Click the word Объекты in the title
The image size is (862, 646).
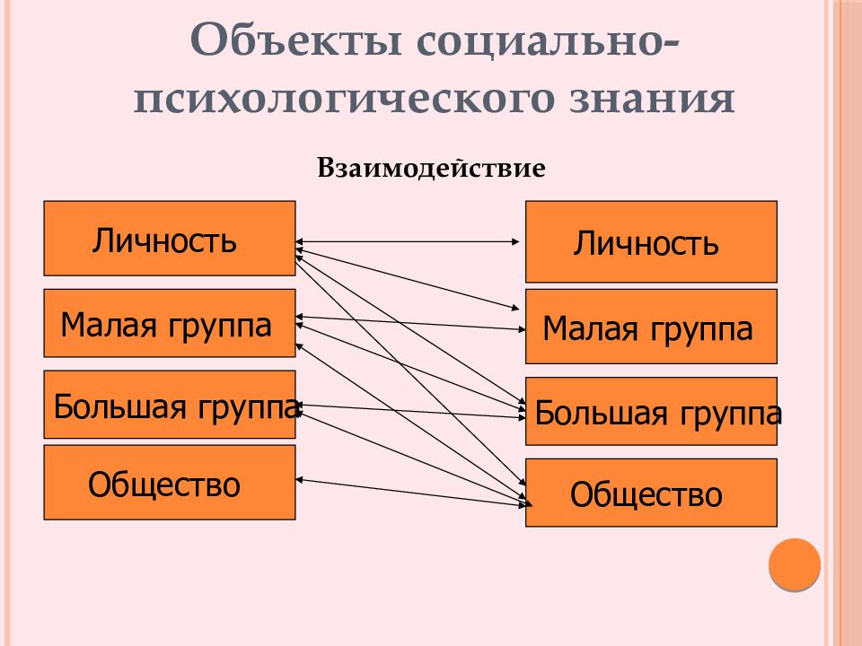pyautogui.click(x=295, y=40)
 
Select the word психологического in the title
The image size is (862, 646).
pyautogui.click(x=344, y=100)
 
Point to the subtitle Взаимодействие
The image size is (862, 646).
pyautogui.click(x=432, y=168)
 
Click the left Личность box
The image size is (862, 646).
pyautogui.click(x=170, y=238)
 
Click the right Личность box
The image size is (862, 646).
pyautogui.click(x=651, y=241)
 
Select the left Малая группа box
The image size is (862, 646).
pyautogui.click(x=170, y=323)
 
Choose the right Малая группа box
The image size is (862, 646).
pyautogui.click(x=651, y=327)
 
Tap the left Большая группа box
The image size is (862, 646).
pyautogui.click(x=170, y=405)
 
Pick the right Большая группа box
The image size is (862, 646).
pyautogui.click(x=651, y=411)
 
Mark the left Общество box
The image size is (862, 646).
pyautogui.click(x=170, y=483)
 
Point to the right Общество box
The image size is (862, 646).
pyautogui.click(x=651, y=493)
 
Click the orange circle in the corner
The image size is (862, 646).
pyautogui.click(x=795, y=564)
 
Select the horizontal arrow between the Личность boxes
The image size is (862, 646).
pyautogui.click(x=408, y=241)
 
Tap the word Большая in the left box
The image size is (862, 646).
pyautogui.click(x=119, y=406)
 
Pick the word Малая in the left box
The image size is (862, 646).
pyautogui.click(x=109, y=325)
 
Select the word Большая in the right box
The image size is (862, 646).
pyautogui.click(x=602, y=413)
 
